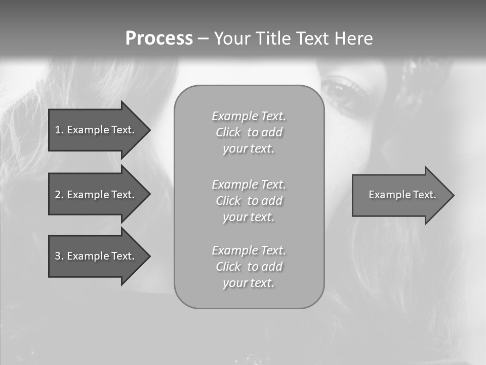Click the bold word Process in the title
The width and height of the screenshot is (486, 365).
(159, 39)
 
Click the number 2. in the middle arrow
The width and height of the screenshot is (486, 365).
(59, 195)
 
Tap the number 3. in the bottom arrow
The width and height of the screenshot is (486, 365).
(59, 256)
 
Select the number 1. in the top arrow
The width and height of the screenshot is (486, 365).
(59, 130)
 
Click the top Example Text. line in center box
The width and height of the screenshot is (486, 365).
(249, 116)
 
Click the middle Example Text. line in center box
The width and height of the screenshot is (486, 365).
(249, 185)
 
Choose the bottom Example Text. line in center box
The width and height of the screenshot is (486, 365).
(249, 250)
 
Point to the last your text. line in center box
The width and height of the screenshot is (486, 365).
(249, 283)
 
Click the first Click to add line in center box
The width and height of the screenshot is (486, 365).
(249, 132)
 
